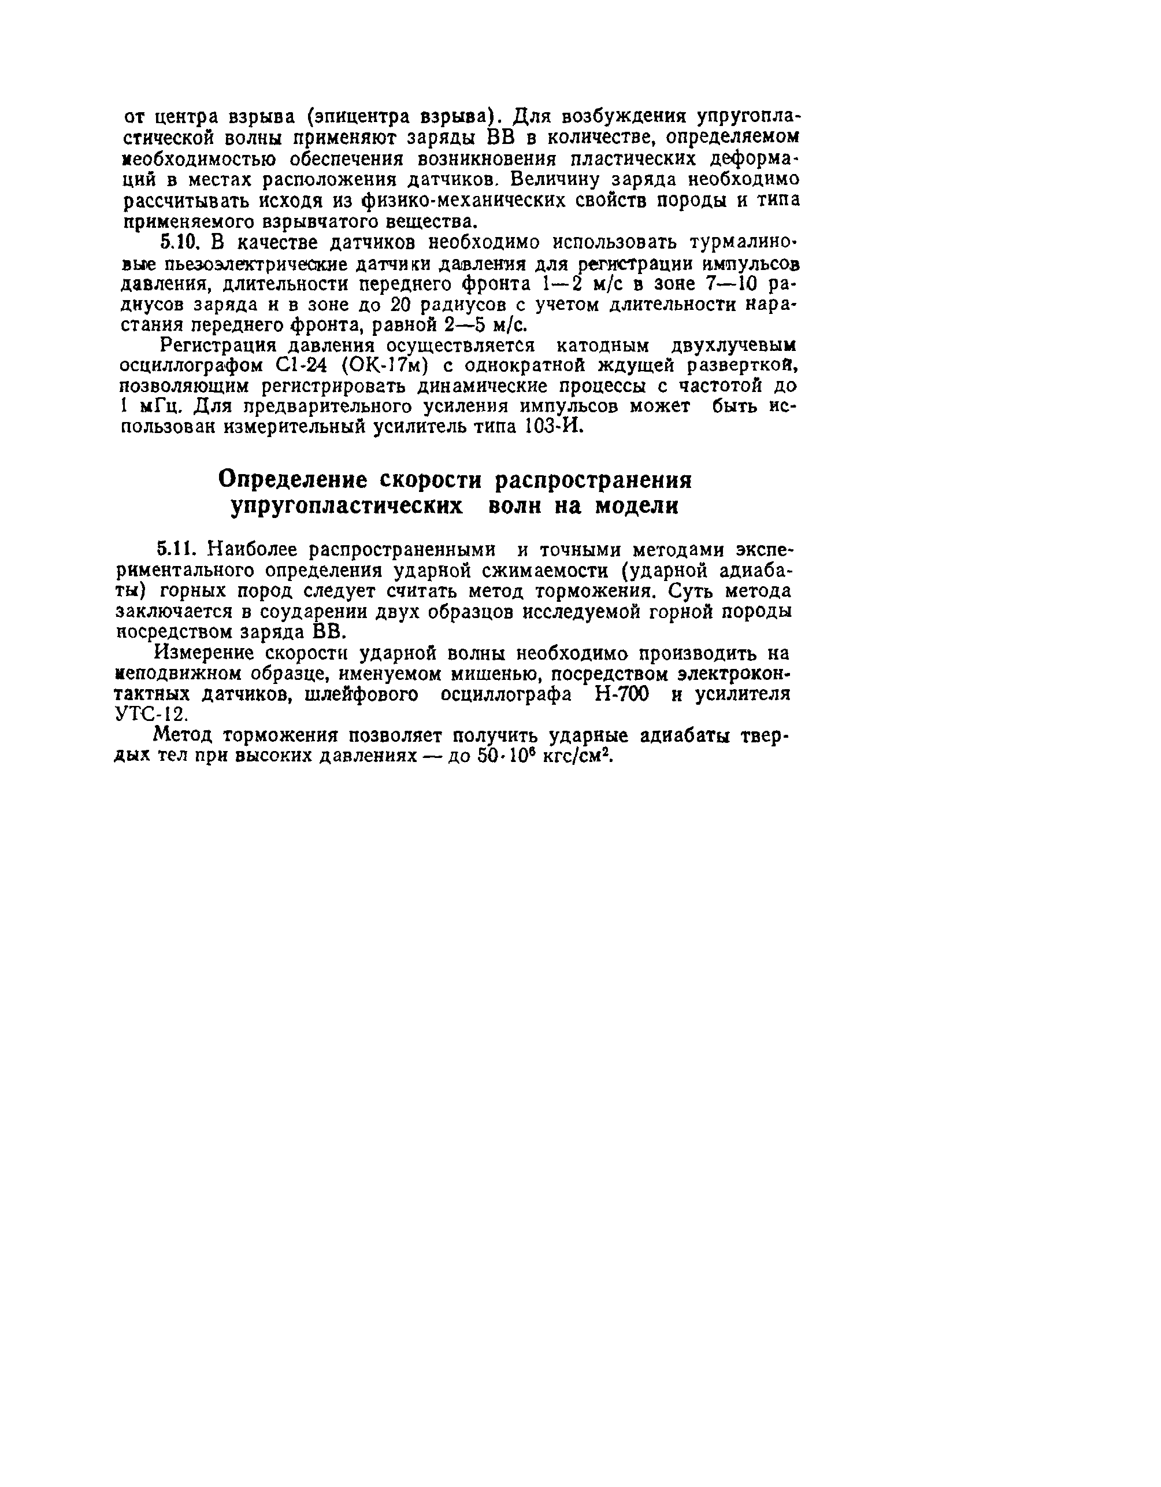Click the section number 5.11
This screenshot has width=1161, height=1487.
click(x=179, y=549)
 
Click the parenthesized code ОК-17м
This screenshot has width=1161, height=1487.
click(x=386, y=367)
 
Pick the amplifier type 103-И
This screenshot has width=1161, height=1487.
click(x=555, y=428)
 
